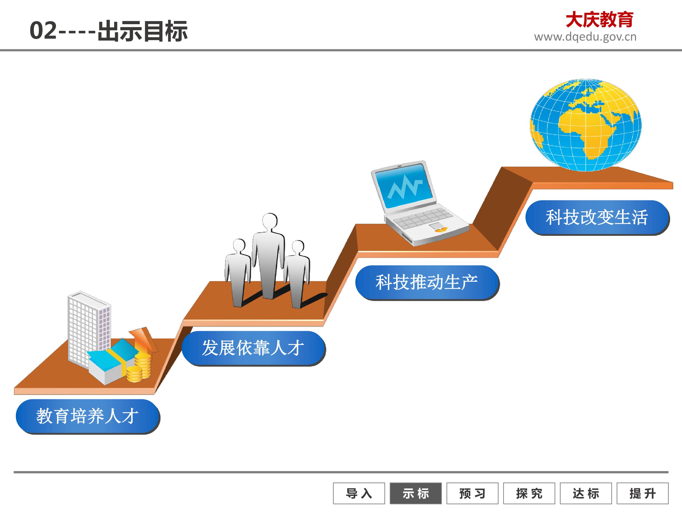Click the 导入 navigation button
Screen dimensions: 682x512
tap(359, 493)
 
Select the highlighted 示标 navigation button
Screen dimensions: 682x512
tap(416, 493)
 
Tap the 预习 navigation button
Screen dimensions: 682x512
tap(472, 493)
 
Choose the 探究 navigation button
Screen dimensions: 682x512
tap(529, 493)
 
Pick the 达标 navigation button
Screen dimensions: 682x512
tap(586, 493)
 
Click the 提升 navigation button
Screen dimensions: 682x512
tap(642, 493)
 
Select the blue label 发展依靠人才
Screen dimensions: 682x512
tap(253, 348)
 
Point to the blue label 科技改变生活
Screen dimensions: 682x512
tap(597, 218)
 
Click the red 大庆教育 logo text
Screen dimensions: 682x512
tap(599, 20)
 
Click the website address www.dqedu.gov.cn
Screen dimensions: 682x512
tap(585, 37)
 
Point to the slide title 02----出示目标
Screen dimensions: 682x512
tap(108, 31)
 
